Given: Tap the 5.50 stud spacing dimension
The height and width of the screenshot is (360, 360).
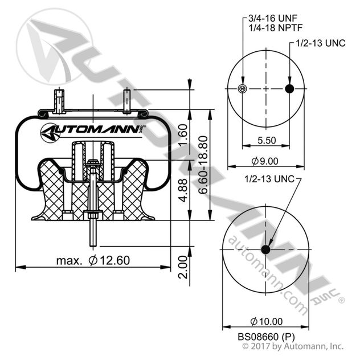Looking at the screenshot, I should [x=266, y=140].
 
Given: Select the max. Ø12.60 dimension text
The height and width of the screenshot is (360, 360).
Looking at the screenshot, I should [x=93, y=260].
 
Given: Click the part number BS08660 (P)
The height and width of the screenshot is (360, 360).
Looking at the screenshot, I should [x=265, y=336].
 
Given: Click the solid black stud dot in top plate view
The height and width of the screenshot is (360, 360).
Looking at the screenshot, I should [x=289, y=89].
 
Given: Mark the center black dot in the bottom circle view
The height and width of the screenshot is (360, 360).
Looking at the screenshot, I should [x=265, y=250].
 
